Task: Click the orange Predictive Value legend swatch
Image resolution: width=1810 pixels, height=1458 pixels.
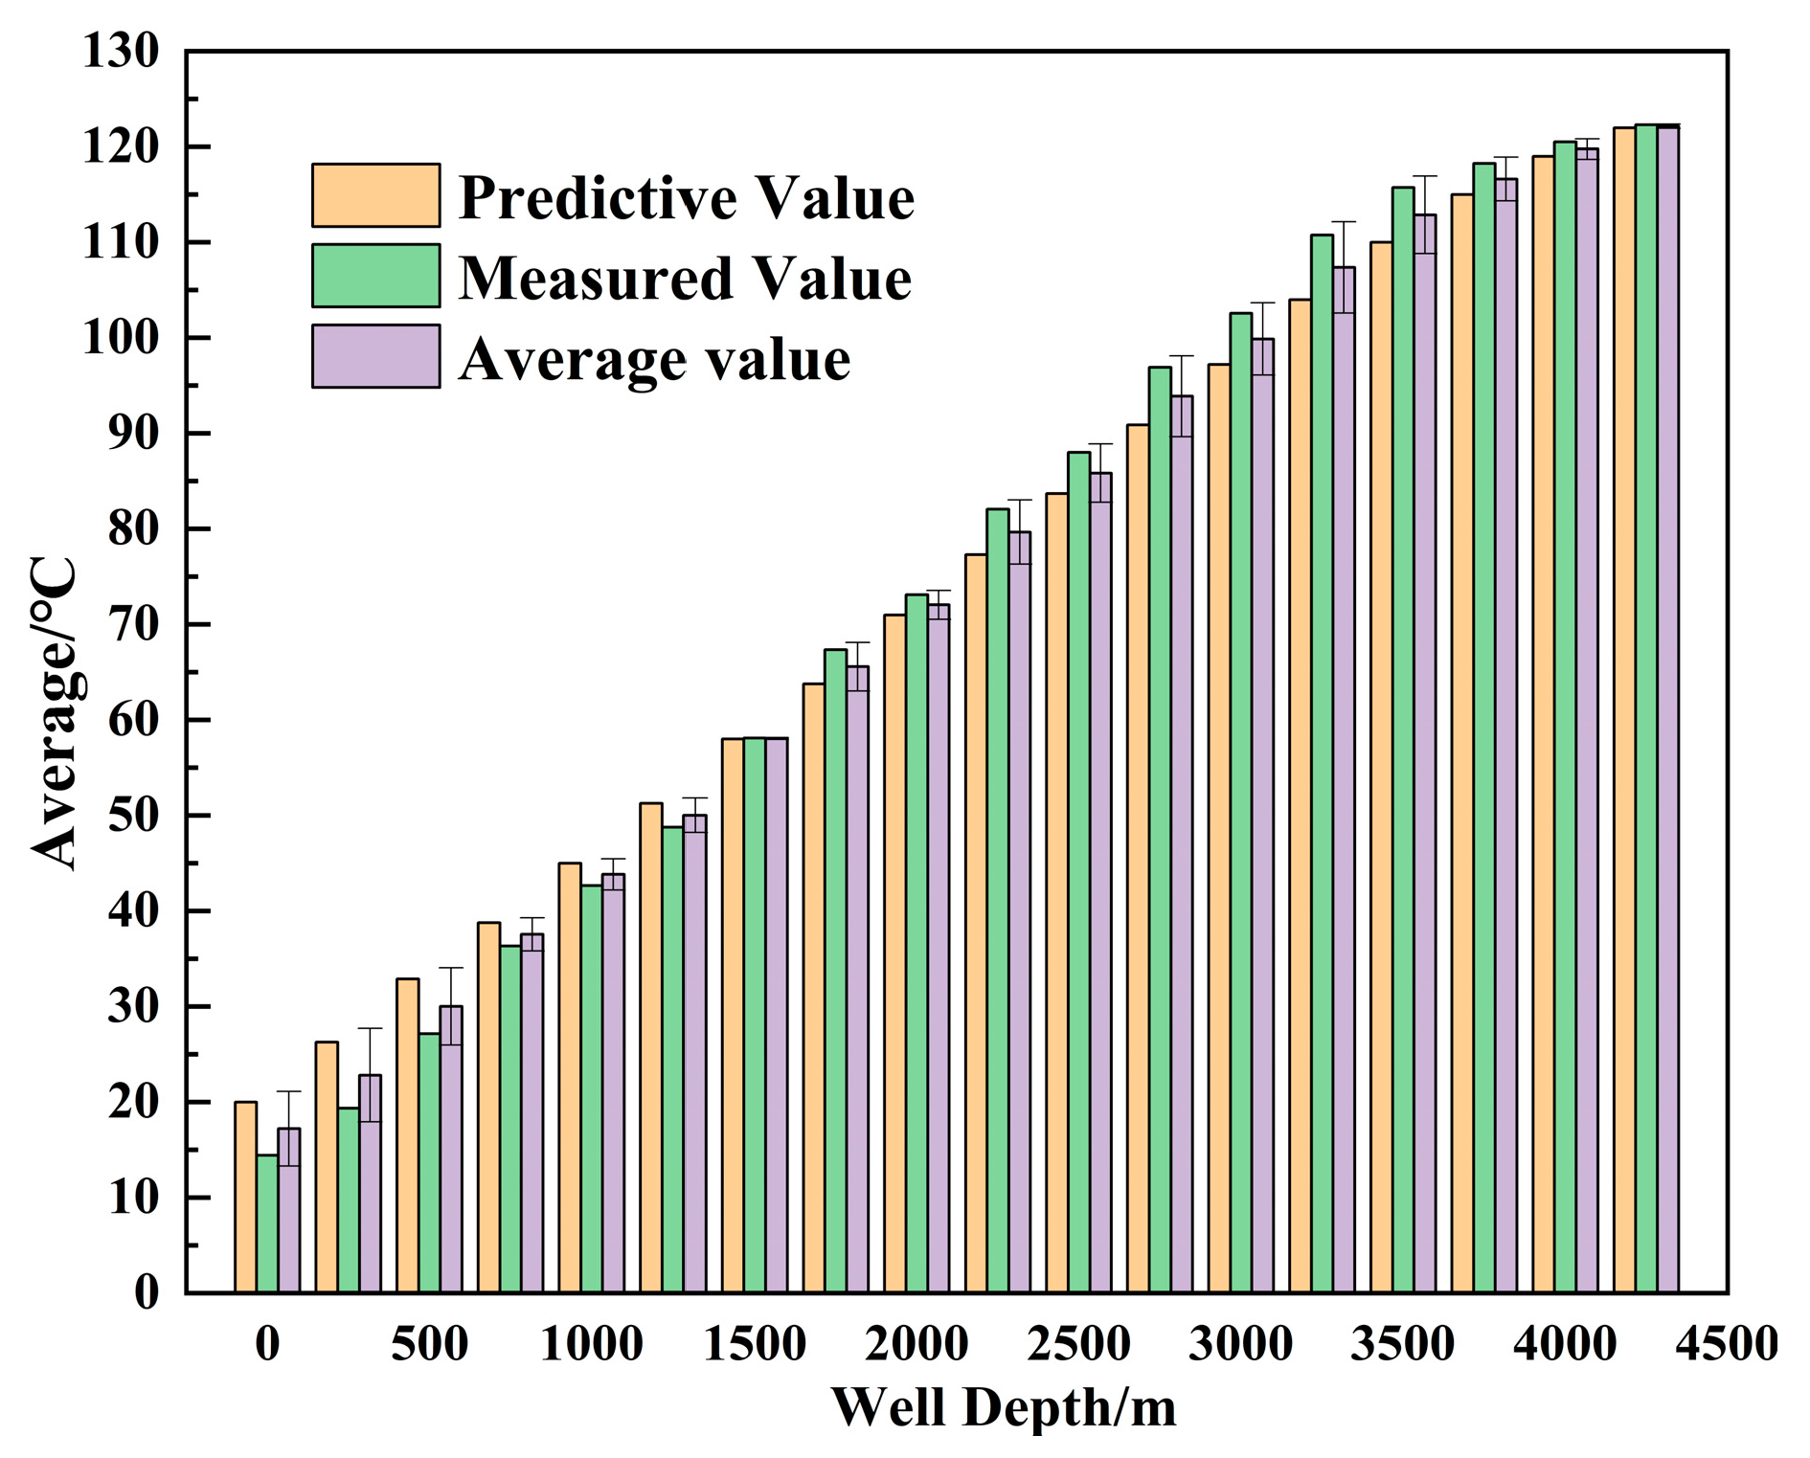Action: click(x=375, y=195)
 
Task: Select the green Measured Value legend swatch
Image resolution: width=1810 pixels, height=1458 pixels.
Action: click(x=375, y=276)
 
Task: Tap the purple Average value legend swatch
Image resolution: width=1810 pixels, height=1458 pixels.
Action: click(x=375, y=356)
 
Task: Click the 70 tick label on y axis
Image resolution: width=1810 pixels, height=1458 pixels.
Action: click(x=133, y=624)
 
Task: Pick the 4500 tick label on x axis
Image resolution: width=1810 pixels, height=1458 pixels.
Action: click(x=1726, y=1343)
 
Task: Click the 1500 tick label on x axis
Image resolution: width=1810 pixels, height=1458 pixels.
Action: click(x=754, y=1343)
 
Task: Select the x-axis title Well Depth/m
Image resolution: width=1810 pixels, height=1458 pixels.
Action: click(x=1003, y=1407)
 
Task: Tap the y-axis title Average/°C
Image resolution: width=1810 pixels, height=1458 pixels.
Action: click(x=55, y=712)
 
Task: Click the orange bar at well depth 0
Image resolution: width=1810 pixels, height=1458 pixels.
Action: click(x=245, y=1197)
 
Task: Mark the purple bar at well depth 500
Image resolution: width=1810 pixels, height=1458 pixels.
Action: click(x=451, y=1149)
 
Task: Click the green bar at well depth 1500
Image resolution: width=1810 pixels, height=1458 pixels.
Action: click(x=755, y=1015)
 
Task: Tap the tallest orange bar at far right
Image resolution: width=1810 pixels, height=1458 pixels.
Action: click(x=1624, y=708)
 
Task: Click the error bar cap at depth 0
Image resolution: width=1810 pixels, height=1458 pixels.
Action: click(x=289, y=1091)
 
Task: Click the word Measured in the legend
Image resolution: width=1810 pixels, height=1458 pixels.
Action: click(x=594, y=279)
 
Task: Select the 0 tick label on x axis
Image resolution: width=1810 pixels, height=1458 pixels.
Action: click(x=267, y=1343)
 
